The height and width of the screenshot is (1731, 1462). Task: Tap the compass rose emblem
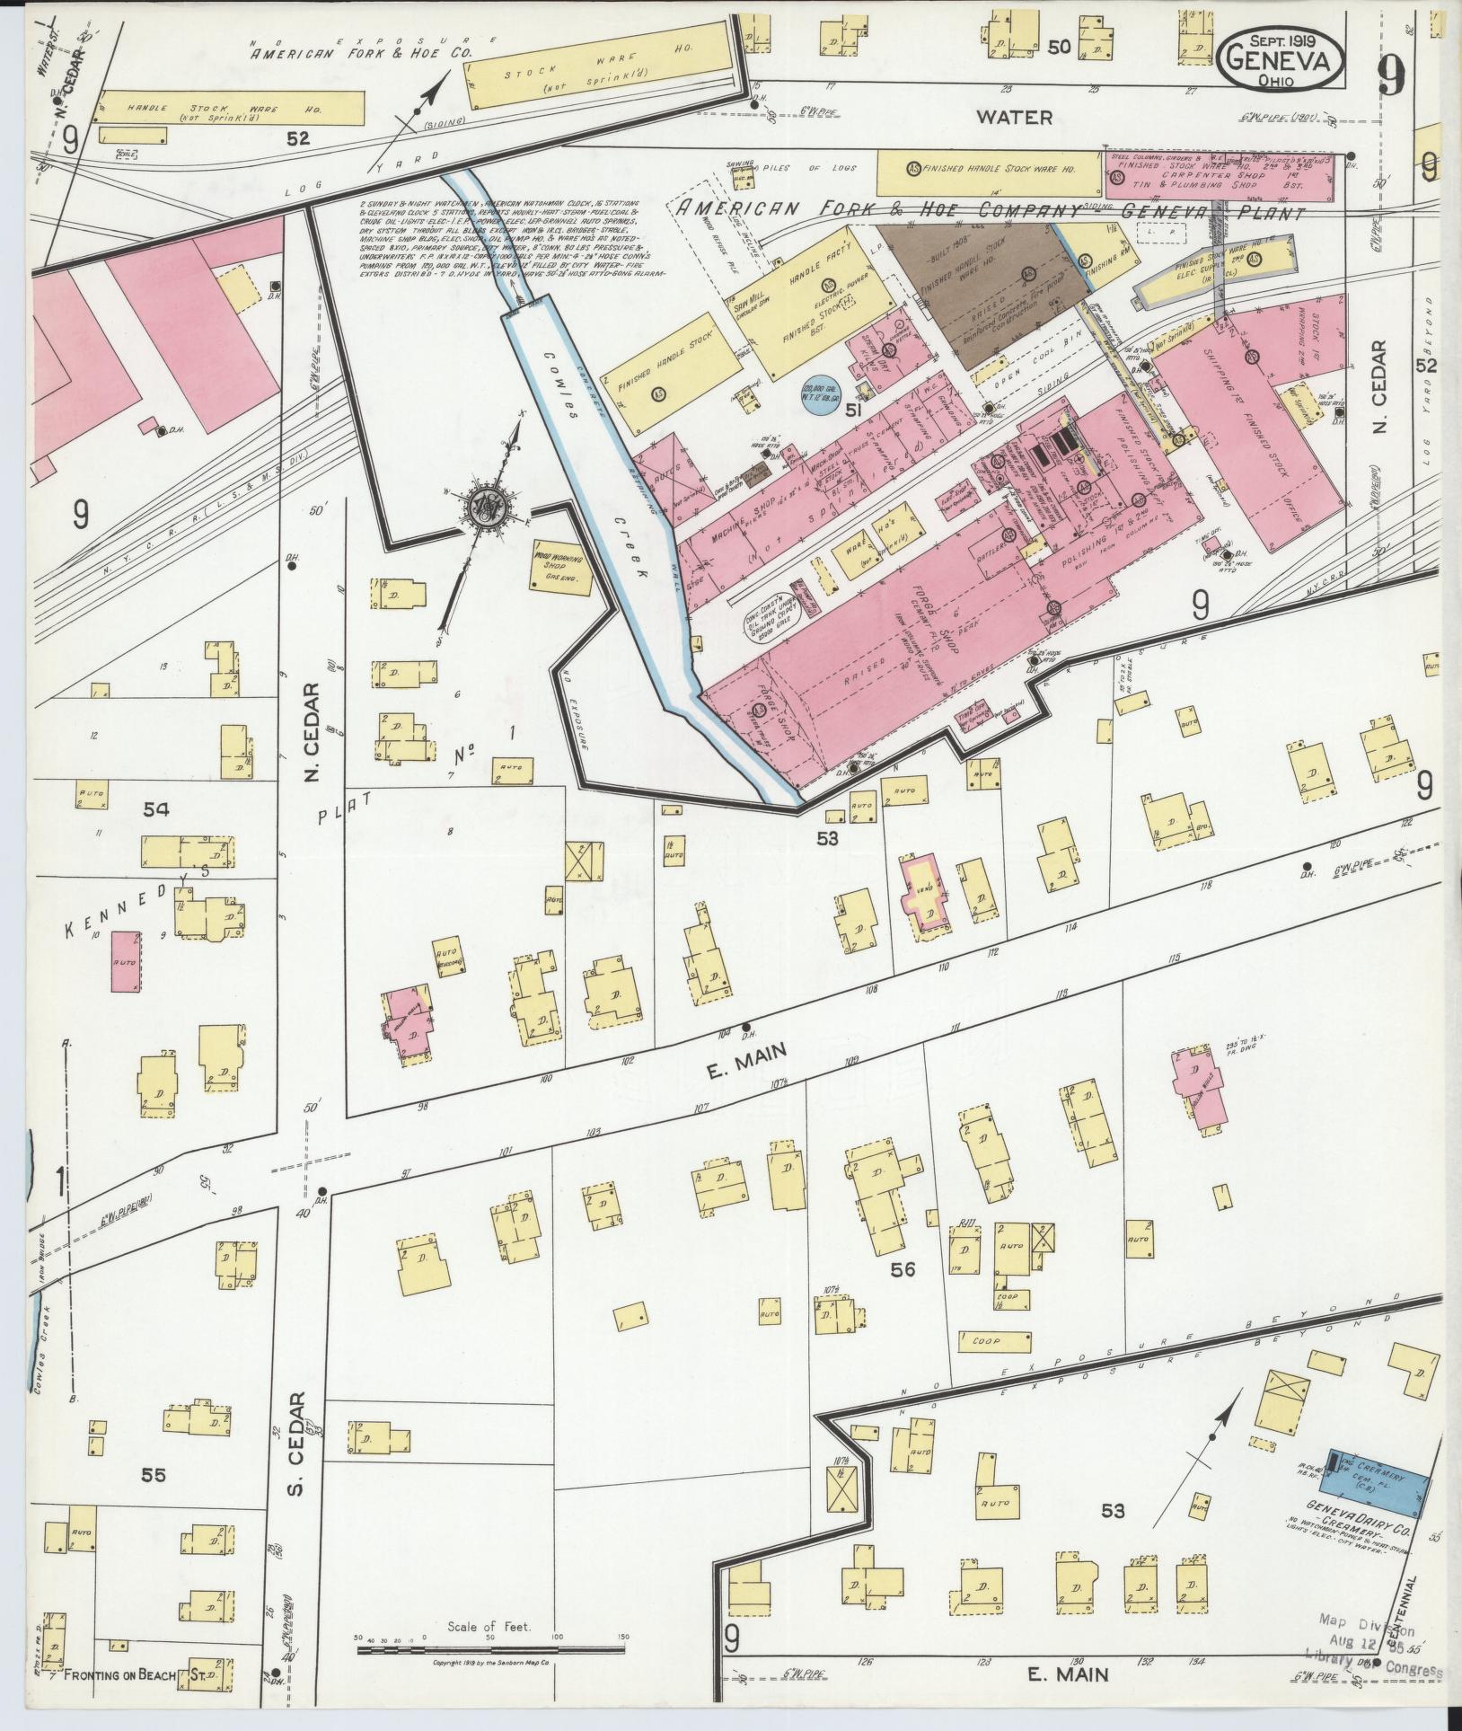(x=488, y=508)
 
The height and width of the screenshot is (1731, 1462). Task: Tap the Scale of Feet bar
(x=489, y=1649)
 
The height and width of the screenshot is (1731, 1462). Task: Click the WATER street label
(x=1014, y=118)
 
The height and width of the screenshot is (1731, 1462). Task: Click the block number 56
(x=903, y=1294)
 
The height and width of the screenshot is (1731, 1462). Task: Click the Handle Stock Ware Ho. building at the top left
(x=230, y=109)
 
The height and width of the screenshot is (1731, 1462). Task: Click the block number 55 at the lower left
(x=154, y=1474)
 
